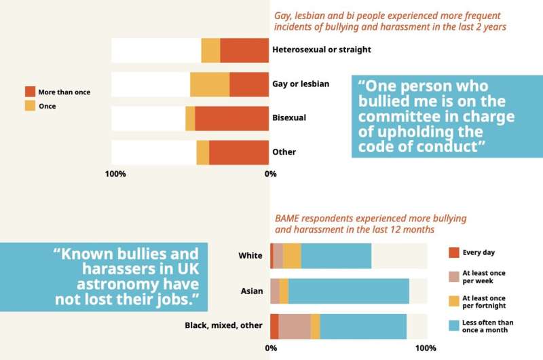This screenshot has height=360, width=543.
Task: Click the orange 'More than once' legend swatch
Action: pos(30,92)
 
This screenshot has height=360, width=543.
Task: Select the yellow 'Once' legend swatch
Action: pos(30,106)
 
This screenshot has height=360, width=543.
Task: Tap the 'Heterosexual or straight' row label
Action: pos(321,50)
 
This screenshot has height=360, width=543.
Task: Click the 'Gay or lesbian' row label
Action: pos(301,84)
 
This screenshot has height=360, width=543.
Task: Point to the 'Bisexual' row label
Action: pos(289,118)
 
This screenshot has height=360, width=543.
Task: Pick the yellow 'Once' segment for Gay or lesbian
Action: pos(210,84)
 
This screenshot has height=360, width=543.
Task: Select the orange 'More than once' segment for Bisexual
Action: pos(232,118)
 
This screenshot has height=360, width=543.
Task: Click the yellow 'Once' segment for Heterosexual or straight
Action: pos(210,50)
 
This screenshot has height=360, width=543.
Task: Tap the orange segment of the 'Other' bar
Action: pos(239,152)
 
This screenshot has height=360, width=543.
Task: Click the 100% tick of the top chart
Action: pos(115,174)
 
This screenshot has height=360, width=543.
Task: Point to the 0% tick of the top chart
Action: pos(270,174)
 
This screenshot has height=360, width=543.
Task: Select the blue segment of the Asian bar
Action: pos(349,291)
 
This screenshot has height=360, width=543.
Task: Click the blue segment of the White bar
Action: pos(336,255)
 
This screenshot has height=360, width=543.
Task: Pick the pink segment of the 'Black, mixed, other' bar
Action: pos(295,326)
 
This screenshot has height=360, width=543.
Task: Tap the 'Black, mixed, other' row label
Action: pos(223,325)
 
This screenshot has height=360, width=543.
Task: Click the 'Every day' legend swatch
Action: pos(455,253)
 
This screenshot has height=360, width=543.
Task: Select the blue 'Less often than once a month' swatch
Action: pos(455,325)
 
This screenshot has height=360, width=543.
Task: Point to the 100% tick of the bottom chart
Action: pos(426,348)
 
